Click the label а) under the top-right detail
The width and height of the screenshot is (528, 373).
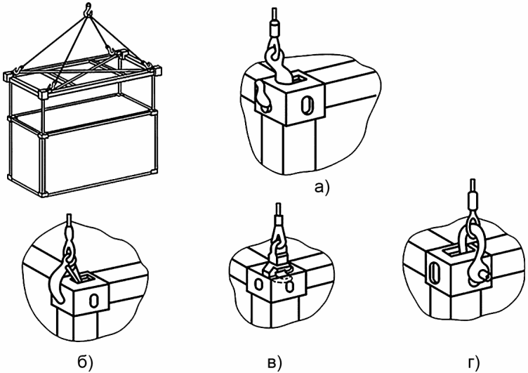click(320, 188)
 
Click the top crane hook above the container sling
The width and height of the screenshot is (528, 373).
click(86, 9)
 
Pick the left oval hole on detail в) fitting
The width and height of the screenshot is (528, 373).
click(258, 285)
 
